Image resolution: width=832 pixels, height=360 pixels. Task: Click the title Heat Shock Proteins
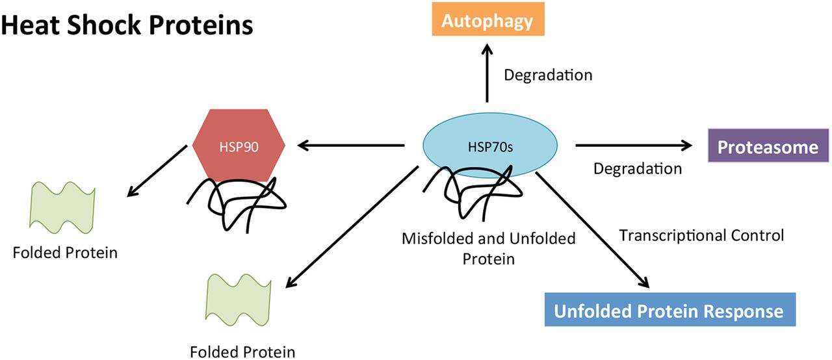[x=127, y=25]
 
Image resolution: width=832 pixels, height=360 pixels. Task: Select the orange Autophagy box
[x=487, y=21]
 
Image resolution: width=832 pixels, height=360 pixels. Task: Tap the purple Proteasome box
[x=767, y=147]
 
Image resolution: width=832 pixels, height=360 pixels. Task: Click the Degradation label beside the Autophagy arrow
[x=548, y=75]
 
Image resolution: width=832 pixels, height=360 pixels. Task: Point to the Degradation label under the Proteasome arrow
[x=637, y=169]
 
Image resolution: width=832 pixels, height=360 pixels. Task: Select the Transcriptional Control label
[x=701, y=235]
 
